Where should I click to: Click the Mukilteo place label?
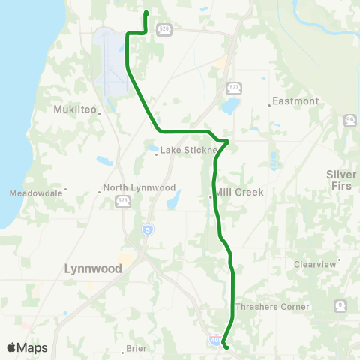75,109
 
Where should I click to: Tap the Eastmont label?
295,100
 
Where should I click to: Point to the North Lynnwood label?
139,187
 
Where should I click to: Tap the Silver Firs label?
342,179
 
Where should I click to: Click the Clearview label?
316,264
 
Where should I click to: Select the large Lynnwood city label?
93,268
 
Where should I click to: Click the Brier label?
136,348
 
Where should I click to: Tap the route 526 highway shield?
163,28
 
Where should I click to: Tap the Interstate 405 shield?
216,340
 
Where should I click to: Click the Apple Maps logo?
26,347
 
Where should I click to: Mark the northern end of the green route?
145,13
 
